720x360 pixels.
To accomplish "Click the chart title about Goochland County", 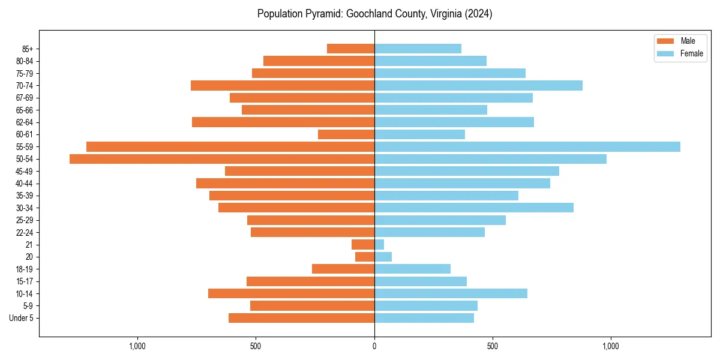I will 374,14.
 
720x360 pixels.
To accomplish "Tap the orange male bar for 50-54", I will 222,159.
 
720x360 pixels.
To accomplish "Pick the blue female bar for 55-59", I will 527,146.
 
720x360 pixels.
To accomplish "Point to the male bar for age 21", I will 363,245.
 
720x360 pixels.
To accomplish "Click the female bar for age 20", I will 383,257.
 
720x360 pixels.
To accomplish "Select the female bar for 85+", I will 418,49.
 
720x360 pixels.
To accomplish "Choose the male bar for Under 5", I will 301,318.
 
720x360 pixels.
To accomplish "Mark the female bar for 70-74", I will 478,85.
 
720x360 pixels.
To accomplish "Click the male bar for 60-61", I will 346,134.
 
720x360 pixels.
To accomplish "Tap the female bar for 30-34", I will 473,208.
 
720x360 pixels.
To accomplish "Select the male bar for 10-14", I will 291,293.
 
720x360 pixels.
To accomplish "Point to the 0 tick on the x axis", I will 374,346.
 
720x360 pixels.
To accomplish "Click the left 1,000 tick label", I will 137,346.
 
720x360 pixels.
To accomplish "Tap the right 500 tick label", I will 492,346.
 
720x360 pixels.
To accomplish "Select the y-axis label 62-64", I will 25,122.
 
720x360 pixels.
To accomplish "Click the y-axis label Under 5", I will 21,318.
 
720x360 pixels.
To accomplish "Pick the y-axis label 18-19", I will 25,269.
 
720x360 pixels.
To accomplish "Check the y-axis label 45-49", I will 25,171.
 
